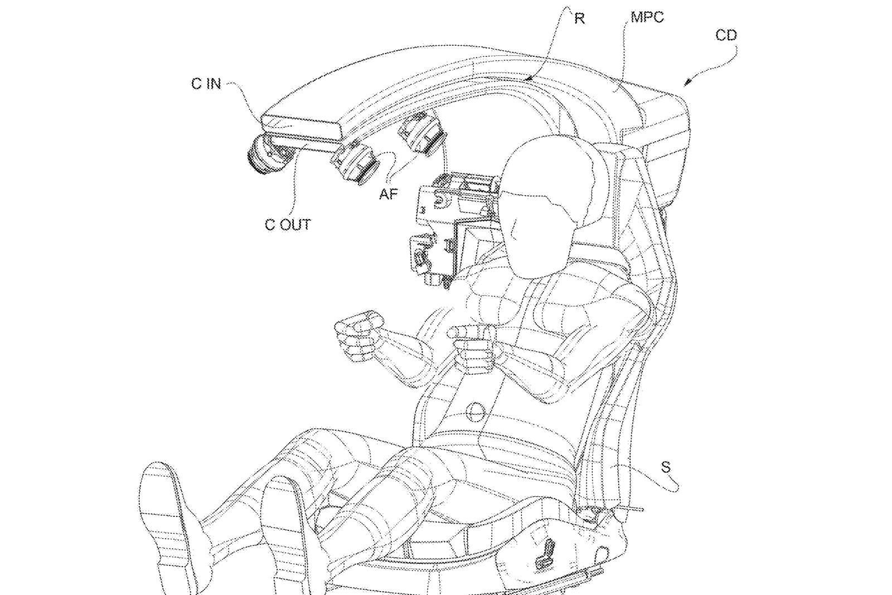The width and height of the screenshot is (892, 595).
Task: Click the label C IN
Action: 206,84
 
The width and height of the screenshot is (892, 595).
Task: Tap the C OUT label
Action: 287,225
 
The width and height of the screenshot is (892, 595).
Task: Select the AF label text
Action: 389,194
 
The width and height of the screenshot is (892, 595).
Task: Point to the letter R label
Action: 579,19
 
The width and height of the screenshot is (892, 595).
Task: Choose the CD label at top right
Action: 726,36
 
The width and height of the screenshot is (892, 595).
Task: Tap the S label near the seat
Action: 666,467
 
